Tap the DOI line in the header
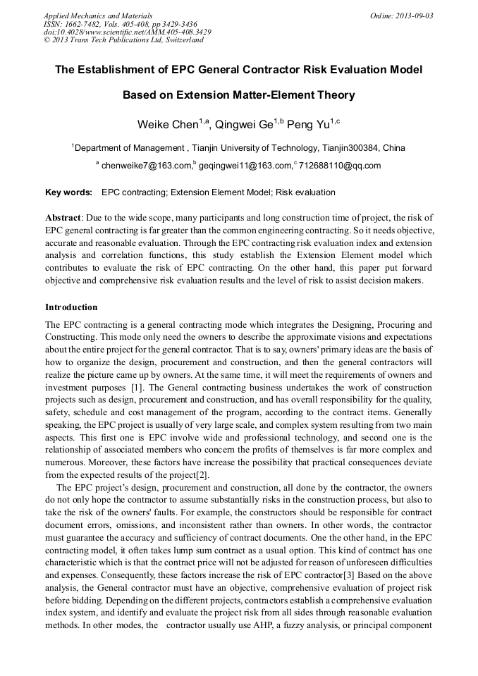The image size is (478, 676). (x=127, y=32)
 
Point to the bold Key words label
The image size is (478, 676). (x=68, y=192)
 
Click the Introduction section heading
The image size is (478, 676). (x=71, y=307)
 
